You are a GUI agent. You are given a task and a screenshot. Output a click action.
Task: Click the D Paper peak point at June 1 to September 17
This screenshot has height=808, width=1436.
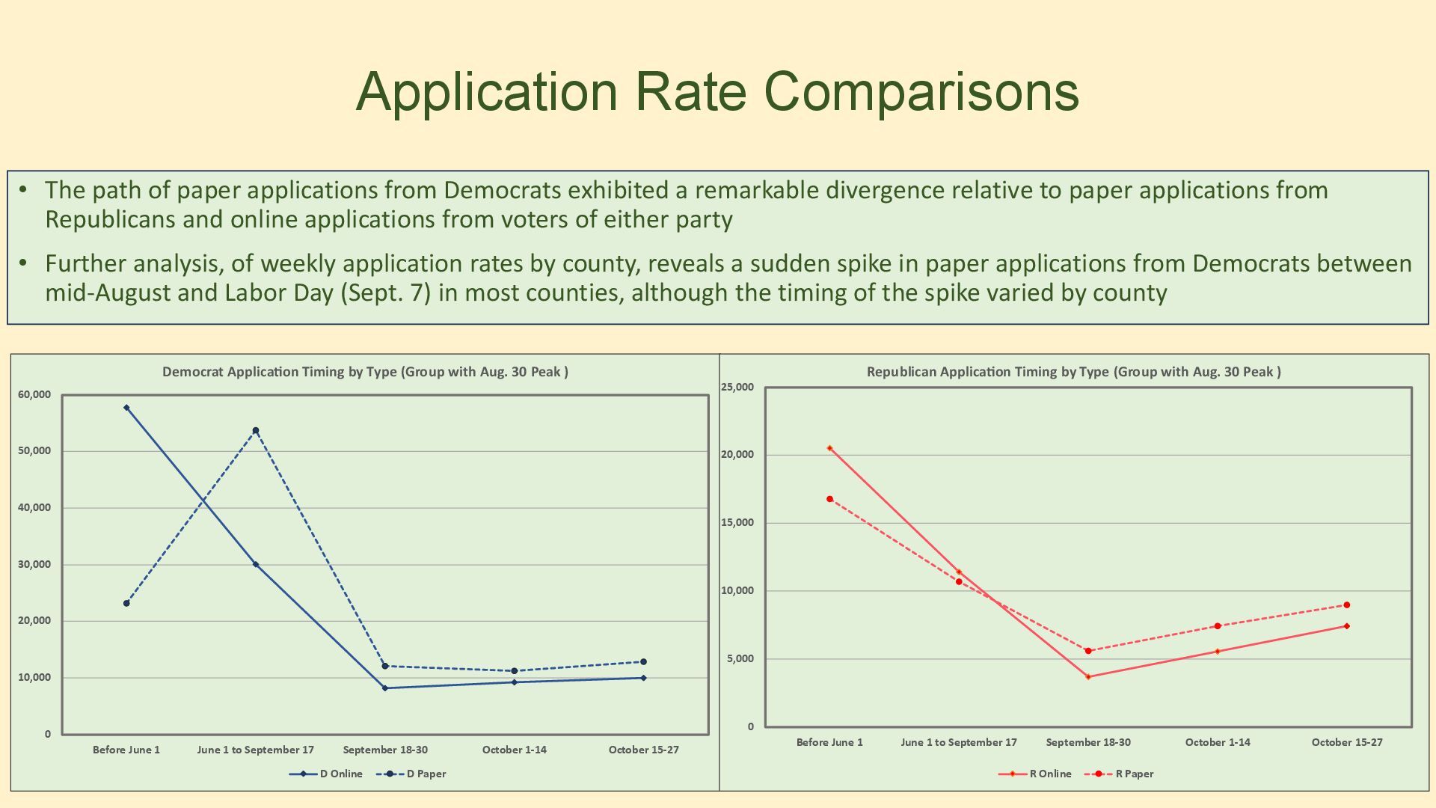pyautogui.click(x=256, y=431)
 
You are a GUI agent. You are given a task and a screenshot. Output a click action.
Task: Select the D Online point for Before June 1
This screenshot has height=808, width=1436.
pyautogui.click(x=126, y=408)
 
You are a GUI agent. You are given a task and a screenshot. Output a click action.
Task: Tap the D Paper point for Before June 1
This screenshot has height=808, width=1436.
pyautogui.click(x=126, y=603)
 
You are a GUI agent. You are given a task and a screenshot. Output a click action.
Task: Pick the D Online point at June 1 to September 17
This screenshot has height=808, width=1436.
pyautogui.click(x=256, y=564)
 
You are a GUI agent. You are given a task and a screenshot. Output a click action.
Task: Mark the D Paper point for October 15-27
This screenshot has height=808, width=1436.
pyautogui.click(x=643, y=661)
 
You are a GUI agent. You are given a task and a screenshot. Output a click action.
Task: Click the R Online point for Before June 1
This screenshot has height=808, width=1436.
pyautogui.click(x=829, y=448)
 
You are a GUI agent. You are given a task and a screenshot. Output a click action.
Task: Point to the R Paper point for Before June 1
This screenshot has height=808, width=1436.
pyautogui.click(x=829, y=499)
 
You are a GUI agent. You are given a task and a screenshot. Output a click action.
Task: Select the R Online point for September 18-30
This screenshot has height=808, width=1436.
pyautogui.click(x=1088, y=676)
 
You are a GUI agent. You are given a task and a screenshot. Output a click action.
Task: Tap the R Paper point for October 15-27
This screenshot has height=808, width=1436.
pyautogui.click(x=1346, y=605)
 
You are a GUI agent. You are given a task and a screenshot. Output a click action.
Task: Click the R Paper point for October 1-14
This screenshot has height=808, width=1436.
pyautogui.click(x=1218, y=626)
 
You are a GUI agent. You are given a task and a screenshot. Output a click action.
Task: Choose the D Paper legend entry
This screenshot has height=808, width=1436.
pyautogui.click(x=426, y=774)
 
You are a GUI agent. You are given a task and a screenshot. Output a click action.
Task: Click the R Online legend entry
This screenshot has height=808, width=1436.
pyautogui.click(x=1049, y=774)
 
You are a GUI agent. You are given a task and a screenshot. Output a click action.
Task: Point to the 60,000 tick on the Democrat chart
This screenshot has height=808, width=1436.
pyautogui.click(x=34, y=394)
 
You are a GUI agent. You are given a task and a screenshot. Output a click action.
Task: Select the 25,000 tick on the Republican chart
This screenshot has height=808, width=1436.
pyautogui.click(x=737, y=387)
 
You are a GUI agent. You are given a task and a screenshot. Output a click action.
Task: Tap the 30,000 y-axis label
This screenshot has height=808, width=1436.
pyautogui.click(x=34, y=564)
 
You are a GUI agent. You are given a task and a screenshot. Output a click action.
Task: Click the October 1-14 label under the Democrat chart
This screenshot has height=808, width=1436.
pyautogui.click(x=514, y=750)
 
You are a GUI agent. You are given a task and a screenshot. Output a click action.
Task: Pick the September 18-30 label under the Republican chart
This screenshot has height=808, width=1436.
pyautogui.click(x=1088, y=742)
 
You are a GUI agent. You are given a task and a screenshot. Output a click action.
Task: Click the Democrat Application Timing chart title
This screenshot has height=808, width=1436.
pyautogui.click(x=365, y=372)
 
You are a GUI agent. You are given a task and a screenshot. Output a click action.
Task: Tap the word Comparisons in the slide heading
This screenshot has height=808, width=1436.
pyautogui.click(x=921, y=91)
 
